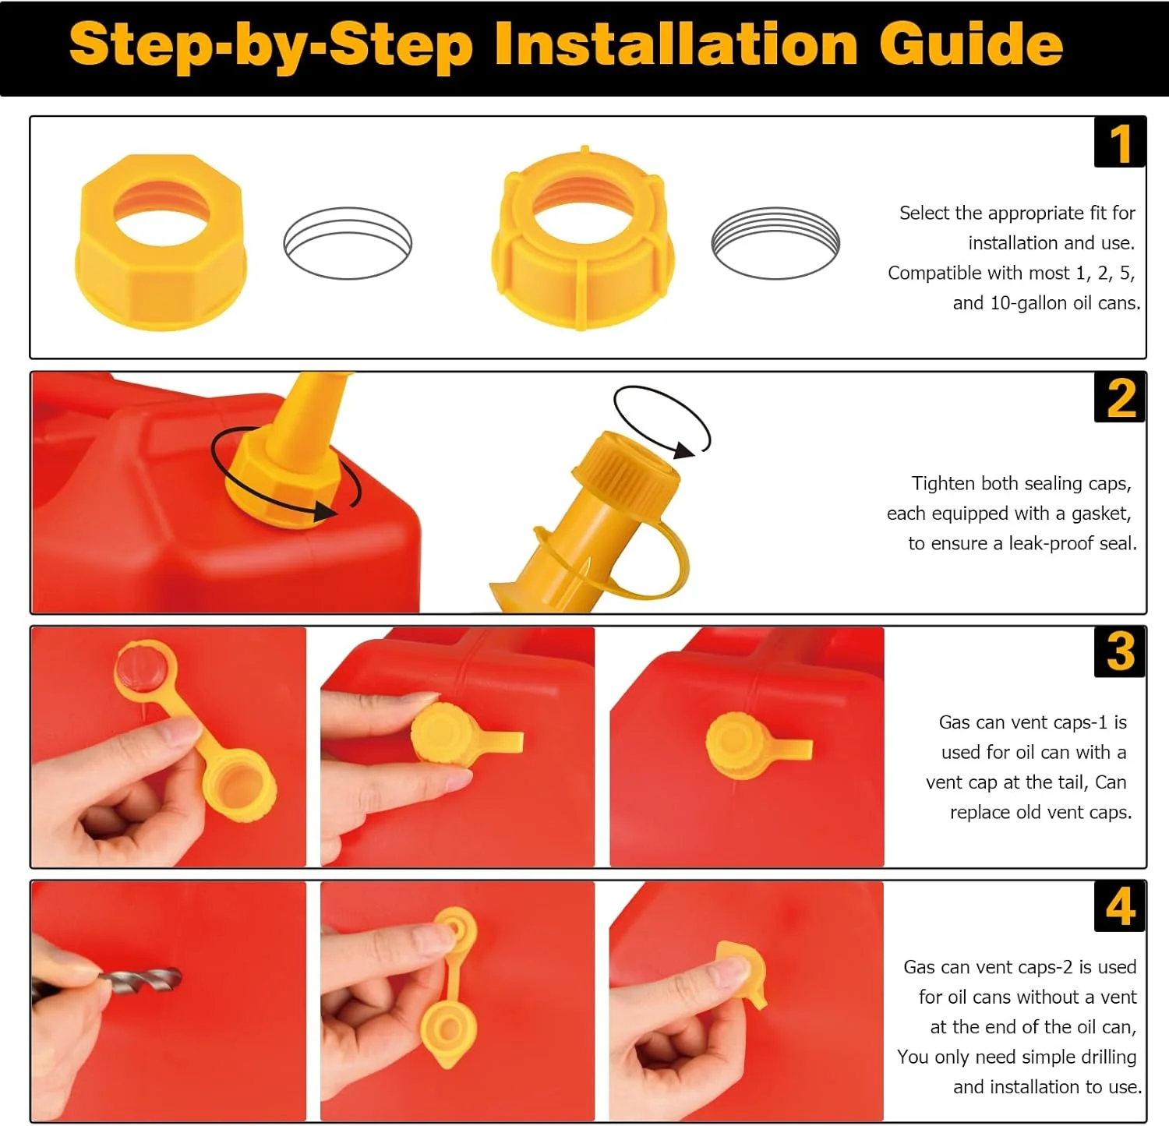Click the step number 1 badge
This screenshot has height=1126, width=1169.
point(1120,143)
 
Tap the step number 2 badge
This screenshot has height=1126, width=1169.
point(1120,397)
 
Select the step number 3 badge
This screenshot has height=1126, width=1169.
point(1120,651)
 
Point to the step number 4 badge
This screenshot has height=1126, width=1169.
point(1120,906)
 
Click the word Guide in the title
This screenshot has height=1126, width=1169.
point(971,44)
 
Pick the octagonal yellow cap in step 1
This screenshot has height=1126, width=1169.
point(161,242)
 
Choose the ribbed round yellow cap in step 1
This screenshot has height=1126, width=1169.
point(582,239)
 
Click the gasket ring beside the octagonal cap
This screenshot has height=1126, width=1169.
point(348,242)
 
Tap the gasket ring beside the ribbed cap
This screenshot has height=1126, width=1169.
point(775,242)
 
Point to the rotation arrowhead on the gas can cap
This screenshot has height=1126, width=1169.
point(327,511)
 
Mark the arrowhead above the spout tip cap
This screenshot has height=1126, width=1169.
point(683,450)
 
